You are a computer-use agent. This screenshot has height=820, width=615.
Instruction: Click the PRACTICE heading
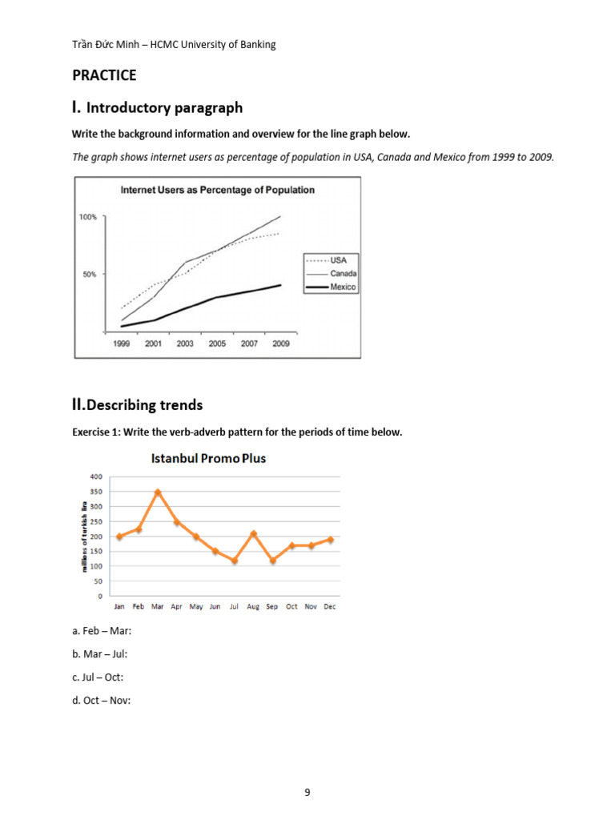click(x=104, y=75)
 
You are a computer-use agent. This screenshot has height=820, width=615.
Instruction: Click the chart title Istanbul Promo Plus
click(x=208, y=459)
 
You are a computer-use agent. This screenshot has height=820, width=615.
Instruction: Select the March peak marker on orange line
click(x=158, y=492)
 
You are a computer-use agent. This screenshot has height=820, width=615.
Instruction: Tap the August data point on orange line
click(x=253, y=533)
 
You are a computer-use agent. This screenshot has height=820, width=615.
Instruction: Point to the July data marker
click(x=234, y=561)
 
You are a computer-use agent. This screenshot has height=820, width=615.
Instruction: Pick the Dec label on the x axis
click(x=330, y=607)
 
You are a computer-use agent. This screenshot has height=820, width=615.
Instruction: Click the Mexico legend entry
click(x=343, y=286)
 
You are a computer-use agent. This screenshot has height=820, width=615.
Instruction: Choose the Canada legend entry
click(x=343, y=273)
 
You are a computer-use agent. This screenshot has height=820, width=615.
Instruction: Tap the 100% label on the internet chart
click(x=87, y=217)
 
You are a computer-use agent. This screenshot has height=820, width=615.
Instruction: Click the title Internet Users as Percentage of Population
click(x=217, y=190)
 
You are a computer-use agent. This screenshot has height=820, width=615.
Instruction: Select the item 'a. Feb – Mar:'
click(x=102, y=631)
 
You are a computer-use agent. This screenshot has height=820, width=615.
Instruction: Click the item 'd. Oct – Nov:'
click(x=101, y=700)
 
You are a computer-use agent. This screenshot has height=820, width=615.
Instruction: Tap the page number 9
click(x=307, y=793)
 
